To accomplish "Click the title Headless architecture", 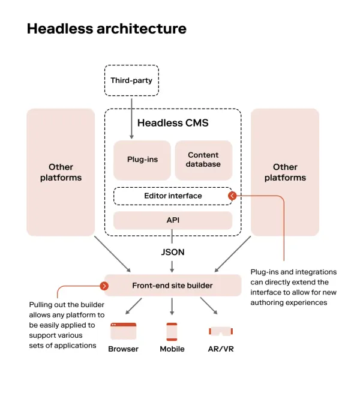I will (106, 29).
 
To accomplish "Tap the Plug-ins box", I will (142, 160).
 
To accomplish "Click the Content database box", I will (203, 160).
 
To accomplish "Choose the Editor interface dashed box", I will (173, 196).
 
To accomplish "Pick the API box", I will (173, 220).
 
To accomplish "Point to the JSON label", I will (172, 252).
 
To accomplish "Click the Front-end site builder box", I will (172, 286).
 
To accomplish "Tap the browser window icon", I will (123, 331).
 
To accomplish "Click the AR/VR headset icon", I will (220, 331).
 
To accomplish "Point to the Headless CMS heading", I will (173, 124).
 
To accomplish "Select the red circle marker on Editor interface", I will (232, 196).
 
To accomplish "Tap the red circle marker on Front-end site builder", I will (105, 286).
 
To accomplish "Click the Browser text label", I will (123, 349).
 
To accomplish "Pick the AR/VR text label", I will (220, 349).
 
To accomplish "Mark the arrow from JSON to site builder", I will (172, 266).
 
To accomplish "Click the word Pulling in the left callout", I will (43, 305).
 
